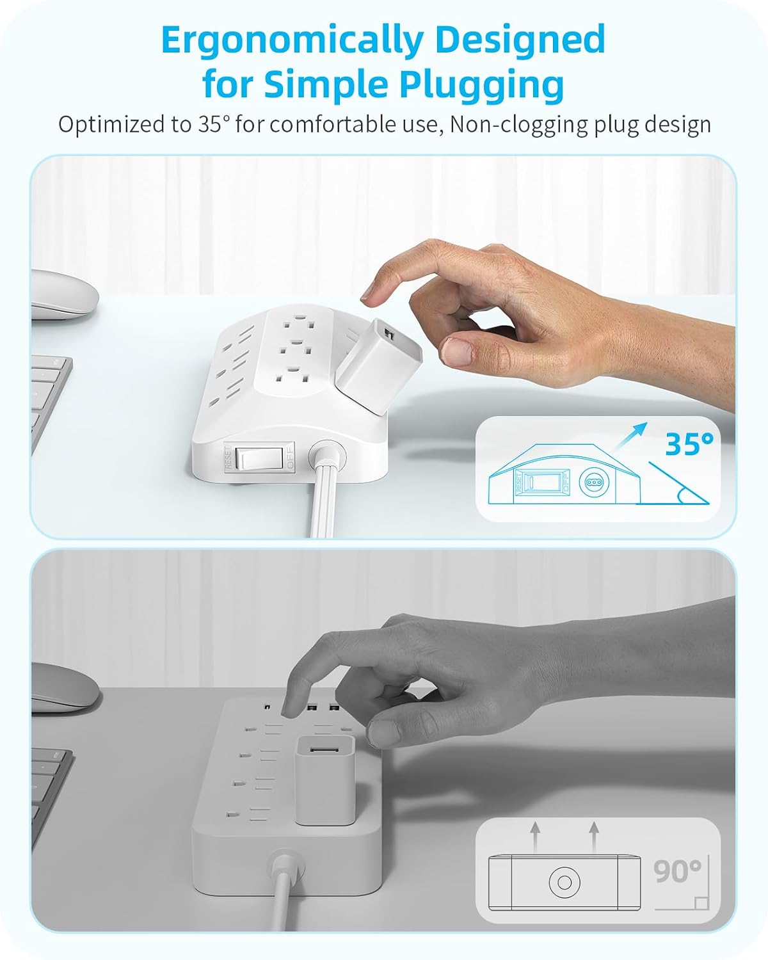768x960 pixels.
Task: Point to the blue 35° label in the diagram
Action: coord(689,444)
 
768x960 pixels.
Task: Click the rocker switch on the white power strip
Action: coord(260,458)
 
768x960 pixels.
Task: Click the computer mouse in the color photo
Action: coord(65,295)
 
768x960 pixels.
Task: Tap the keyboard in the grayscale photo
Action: coord(50,799)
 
